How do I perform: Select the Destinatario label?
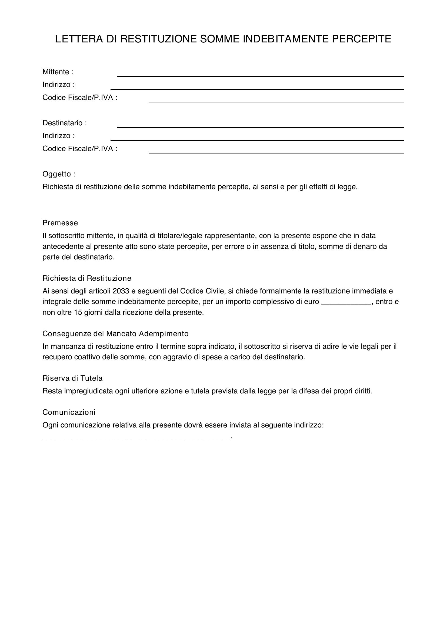click(x=64, y=123)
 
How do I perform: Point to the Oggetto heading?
click(x=59, y=174)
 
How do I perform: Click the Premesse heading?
click(x=60, y=223)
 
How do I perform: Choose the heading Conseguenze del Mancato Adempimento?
click(x=116, y=334)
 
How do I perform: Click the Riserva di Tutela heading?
click(x=73, y=378)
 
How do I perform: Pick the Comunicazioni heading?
click(x=69, y=412)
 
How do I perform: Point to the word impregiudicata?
click(x=89, y=391)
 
